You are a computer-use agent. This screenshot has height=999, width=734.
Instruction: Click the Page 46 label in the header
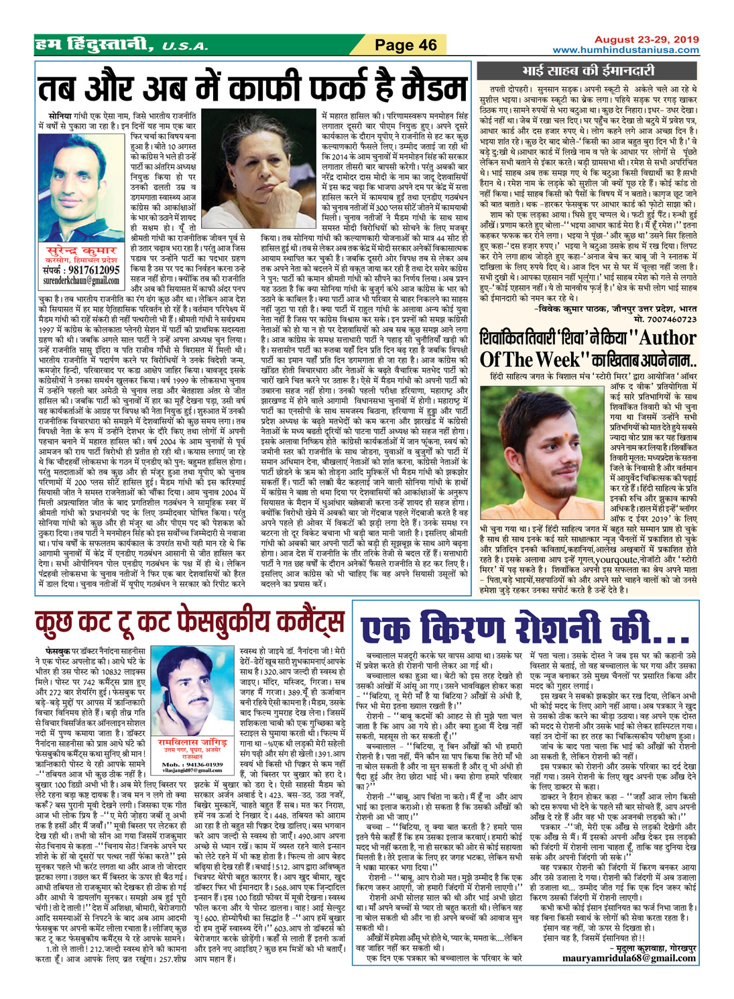click(406, 45)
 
